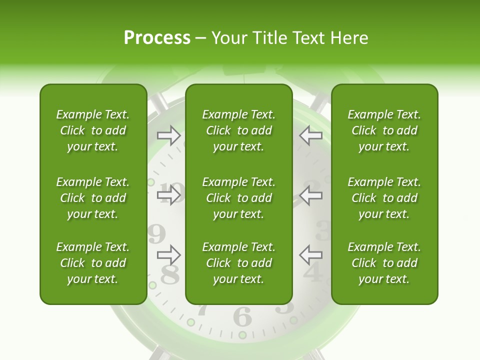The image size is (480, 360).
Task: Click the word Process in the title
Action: (157, 38)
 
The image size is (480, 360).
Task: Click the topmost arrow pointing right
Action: (169, 135)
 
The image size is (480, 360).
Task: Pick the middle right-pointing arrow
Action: (169, 195)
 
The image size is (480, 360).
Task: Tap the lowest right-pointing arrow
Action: (169, 255)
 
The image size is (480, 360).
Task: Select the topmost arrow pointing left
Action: (310, 135)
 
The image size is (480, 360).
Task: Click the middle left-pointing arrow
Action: (310, 195)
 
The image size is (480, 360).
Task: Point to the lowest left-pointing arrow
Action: (310, 255)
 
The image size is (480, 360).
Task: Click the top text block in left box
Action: (93, 130)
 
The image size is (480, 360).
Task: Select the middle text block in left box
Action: (93, 198)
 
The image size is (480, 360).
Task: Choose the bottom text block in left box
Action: (93, 263)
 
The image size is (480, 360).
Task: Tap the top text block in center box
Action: (238, 130)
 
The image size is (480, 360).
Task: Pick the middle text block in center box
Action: (238, 198)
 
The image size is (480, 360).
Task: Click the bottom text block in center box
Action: (238, 263)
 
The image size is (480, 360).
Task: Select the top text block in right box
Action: (384, 130)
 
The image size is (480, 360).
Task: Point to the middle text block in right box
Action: (384, 198)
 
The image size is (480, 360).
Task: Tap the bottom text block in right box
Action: (384, 263)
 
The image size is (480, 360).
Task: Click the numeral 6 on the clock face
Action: (242, 316)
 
